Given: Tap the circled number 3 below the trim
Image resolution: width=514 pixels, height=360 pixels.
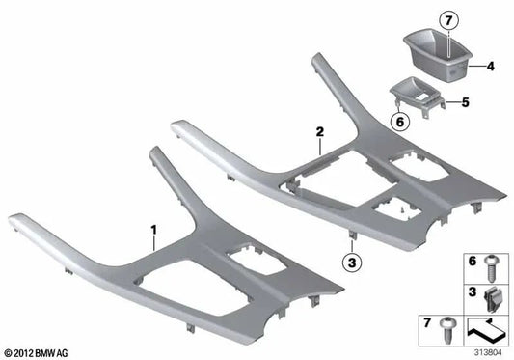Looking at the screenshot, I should (353, 260).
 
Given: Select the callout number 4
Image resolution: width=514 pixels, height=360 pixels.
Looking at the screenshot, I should (491, 68).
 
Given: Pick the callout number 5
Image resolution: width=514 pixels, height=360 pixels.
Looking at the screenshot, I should (491, 99).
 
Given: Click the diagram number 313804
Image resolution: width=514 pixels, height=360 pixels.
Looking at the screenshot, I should (487, 350).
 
